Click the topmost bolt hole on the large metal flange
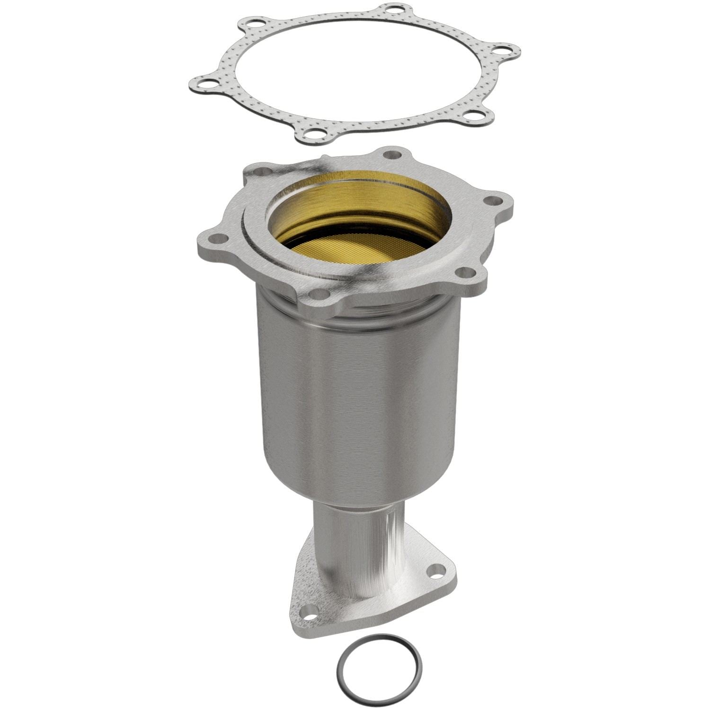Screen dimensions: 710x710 (x=390, y=154)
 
